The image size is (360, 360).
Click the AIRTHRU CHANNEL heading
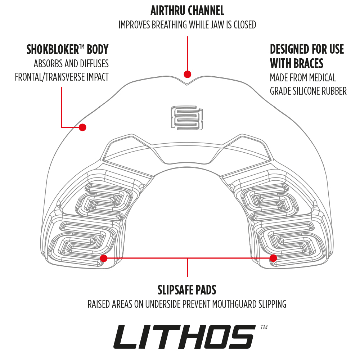(187, 11)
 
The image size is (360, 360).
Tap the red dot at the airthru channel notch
(187, 74)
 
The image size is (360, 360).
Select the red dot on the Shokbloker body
(82, 127)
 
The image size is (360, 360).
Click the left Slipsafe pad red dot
(104, 258)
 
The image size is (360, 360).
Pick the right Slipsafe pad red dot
(273, 258)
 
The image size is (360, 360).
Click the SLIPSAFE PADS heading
(187, 289)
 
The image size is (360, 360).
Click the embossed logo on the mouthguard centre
(186, 117)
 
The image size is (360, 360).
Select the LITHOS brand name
(184, 337)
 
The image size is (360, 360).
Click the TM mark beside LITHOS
(264, 327)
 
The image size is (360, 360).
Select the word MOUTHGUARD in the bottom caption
(234, 304)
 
